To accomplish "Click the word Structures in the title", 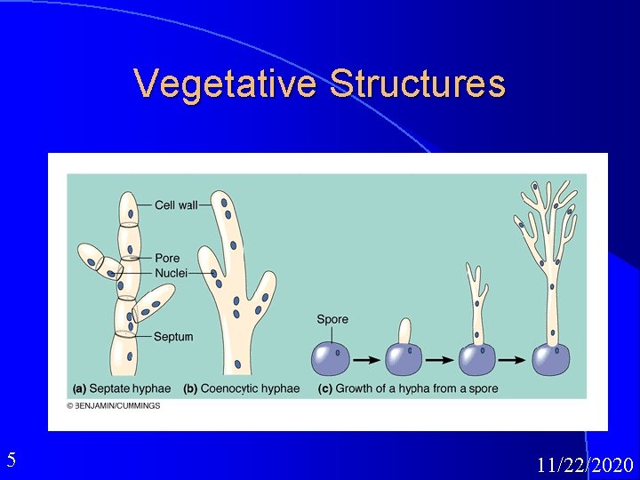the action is click(418, 84).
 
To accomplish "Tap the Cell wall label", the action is click(176, 205).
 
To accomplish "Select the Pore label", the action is click(167, 259).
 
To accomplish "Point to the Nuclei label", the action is click(171, 273).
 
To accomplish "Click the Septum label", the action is click(172, 337).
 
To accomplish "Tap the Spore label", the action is click(332, 319).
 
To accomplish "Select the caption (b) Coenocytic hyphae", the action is click(242, 388).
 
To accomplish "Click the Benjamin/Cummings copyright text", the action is click(114, 405).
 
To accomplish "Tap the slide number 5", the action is click(11, 460).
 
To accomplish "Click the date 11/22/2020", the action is click(585, 465).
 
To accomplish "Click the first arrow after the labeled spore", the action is click(364, 360).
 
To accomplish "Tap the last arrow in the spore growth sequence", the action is click(511, 360).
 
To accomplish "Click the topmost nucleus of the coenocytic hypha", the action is click(225, 204).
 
